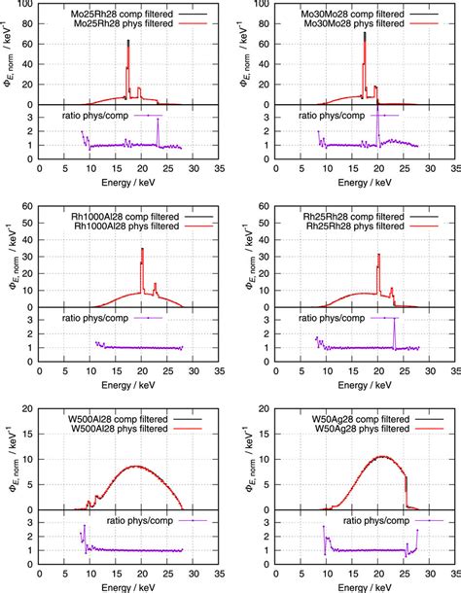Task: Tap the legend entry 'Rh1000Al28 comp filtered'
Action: (131, 216)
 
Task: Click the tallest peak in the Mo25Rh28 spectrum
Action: (128, 42)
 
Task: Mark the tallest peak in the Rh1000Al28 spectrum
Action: (142, 250)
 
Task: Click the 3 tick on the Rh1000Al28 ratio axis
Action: (31, 318)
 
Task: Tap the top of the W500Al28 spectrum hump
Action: (130, 466)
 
